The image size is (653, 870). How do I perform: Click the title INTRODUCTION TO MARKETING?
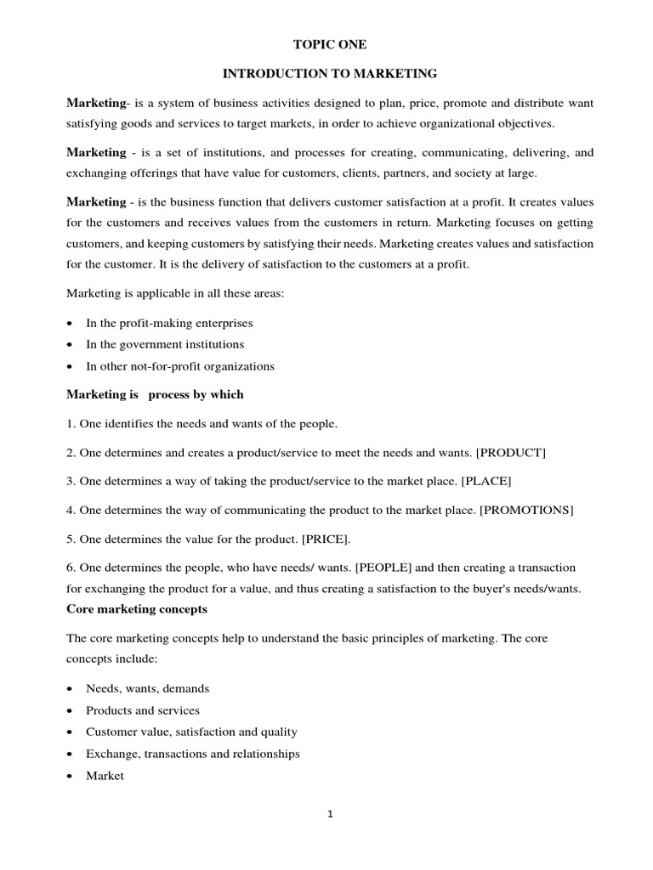[x=330, y=74]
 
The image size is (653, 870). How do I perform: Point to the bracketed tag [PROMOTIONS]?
[x=526, y=510]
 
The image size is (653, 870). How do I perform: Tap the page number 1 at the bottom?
[x=330, y=814]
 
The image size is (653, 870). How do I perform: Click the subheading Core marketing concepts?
[x=137, y=609]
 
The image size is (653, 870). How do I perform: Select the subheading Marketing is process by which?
[x=155, y=394]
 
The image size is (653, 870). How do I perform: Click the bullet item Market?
[x=105, y=775]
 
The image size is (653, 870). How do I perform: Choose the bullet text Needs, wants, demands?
[x=147, y=688]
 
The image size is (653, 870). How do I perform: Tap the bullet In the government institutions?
[x=165, y=344]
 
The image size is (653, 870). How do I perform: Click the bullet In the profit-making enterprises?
[x=169, y=323]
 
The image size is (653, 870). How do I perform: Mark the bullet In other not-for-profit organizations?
[x=180, y=366]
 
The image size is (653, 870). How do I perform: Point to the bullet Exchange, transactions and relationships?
[x=192, y=753]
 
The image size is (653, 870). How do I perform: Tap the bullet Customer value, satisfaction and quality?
[x=191, y=732]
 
